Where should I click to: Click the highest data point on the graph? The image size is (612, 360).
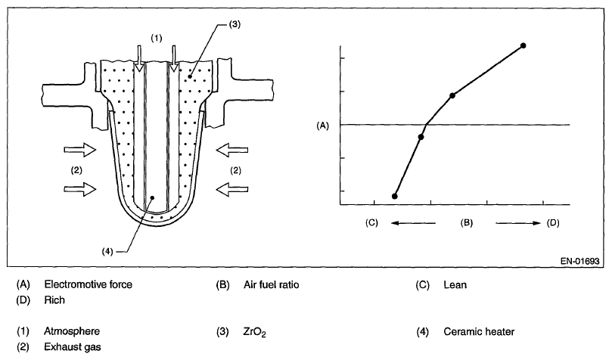(x=523, y=46)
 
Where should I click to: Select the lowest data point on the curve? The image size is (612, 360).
(x=395, y=196)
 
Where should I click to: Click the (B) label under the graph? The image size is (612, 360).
(x=467, y=223)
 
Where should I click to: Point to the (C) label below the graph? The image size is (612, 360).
(x=371, y=223)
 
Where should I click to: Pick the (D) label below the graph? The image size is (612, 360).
(x=553, y=223)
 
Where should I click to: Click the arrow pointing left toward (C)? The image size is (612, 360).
(x=413, y=223)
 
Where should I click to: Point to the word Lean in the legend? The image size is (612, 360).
(x=455, y=285)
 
